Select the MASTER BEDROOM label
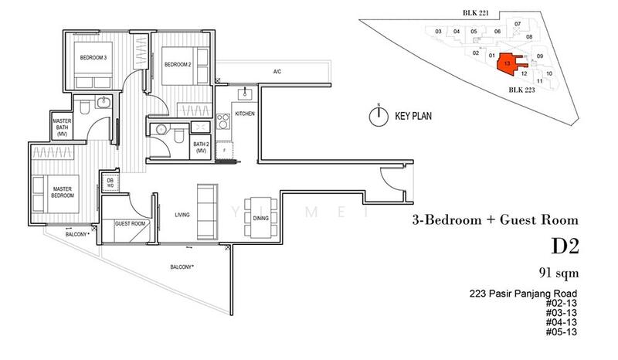[x=62, y=192]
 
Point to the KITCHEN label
[x=245, y=114]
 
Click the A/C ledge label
[x=277, y=73]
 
